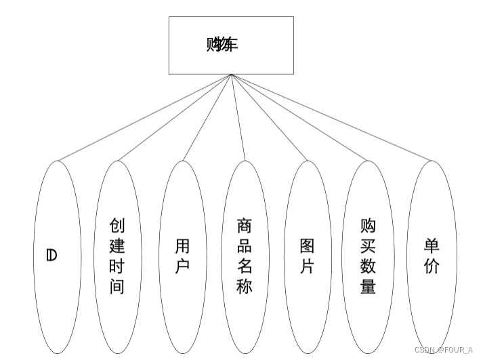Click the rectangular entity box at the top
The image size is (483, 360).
[231, 45]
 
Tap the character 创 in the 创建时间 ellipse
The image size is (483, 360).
[117, 225]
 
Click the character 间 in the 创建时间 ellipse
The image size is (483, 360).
[117, 286]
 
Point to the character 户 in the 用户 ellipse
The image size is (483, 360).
[182, 266]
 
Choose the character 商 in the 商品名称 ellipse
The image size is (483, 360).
[245, 225]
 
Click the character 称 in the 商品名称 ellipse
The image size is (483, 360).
[245, 286]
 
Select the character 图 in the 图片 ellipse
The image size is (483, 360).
[308, 245]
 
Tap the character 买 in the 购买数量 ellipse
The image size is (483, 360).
[369, 245]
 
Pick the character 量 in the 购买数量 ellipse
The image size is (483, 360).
[369, 286]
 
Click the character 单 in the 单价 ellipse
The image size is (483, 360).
[432, 245]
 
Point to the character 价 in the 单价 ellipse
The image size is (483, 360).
[432, 266]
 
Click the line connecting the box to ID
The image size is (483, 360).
[144, 117]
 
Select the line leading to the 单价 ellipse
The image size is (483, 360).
[332, 117]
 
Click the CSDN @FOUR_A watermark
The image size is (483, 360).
[444, 350]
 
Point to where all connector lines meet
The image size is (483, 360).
[231, 75]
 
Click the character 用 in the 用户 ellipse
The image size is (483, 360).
[182, 245]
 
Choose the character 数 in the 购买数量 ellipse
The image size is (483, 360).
[369, 266]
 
